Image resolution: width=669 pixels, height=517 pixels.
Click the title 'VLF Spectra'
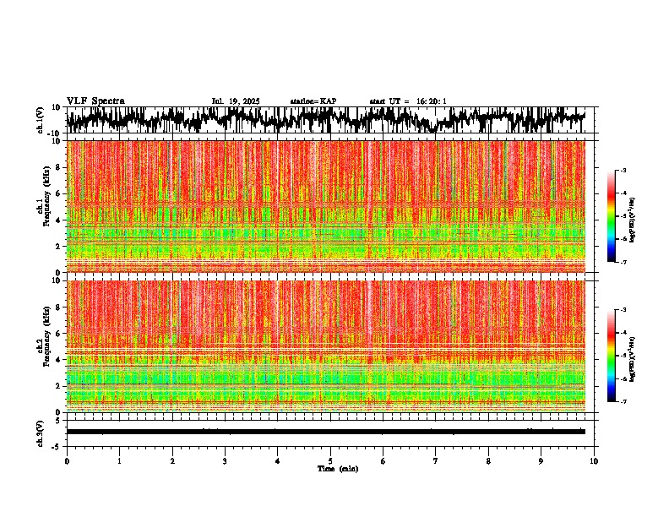(x=95, y=101)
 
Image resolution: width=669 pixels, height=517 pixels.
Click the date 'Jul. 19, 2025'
(x=236, y=101)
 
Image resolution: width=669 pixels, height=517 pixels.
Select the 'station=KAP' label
(x=313, y=101)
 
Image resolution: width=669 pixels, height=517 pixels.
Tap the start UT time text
(x=408, y=101)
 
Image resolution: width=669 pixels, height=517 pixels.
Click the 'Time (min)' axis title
(x=338, y=468)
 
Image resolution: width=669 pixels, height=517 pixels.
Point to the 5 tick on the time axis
(x=330, y=461)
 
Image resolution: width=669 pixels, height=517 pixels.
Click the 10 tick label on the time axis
(x=594, y=461)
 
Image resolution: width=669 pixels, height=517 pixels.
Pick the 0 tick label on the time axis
(x=67, y=461)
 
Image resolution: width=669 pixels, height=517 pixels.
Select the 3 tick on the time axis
(x=225, y=461)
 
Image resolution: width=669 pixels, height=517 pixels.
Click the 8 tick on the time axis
(x=488, y=461)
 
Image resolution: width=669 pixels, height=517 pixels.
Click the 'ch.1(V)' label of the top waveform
(x=40, y=120)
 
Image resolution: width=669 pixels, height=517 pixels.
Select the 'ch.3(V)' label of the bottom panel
(x=40, y=432)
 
